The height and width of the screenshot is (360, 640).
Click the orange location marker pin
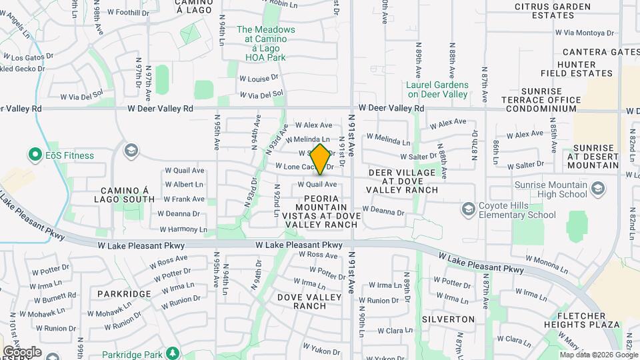click(x=320, y=159)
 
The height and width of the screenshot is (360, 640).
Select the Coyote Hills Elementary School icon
click(x=469, y=209)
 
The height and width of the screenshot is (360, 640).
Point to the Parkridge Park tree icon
click(x=173, y=352)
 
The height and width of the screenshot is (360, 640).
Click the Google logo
click(x=22, y=351)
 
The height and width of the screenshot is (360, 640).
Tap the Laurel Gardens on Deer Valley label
click(x=437, y=89)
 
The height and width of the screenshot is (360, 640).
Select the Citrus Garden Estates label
click(x=553, y=11)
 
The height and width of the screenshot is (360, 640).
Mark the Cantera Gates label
click(x=601, y=52)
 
